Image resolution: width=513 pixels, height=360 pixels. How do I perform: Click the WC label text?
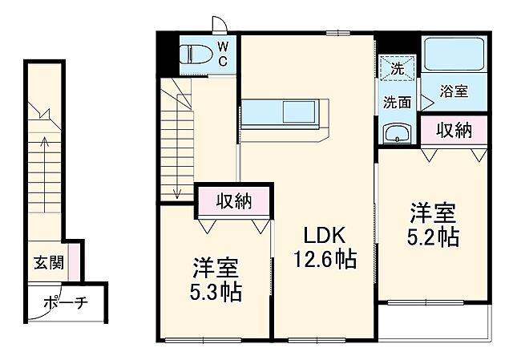click(223, 54)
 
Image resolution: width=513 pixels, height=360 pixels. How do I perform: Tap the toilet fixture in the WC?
click(196, 55)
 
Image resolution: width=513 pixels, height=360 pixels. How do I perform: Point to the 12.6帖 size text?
click(324, 260)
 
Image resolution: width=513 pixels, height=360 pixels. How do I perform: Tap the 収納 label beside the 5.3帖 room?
click(234, 201)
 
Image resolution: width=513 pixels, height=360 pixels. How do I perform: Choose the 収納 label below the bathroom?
click(454, 131)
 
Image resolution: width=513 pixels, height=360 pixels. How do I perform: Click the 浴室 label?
click(454, 92)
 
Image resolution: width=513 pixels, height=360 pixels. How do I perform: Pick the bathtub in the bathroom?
click(454, 55)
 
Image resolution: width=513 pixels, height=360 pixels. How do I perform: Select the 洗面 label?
click(396, 102)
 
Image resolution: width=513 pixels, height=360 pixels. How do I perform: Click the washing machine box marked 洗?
click(396, 69)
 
